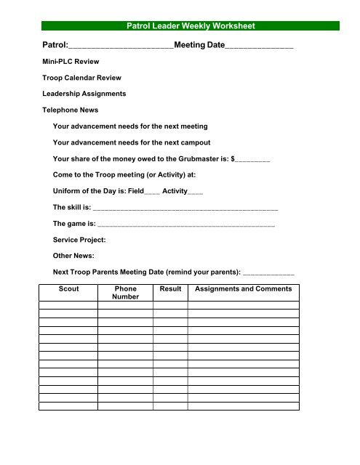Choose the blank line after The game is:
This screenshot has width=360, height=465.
[x=185, y=226]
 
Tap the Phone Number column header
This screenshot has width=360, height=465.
[x=125, y=293]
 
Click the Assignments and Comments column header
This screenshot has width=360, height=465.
[x=244, y=289]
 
